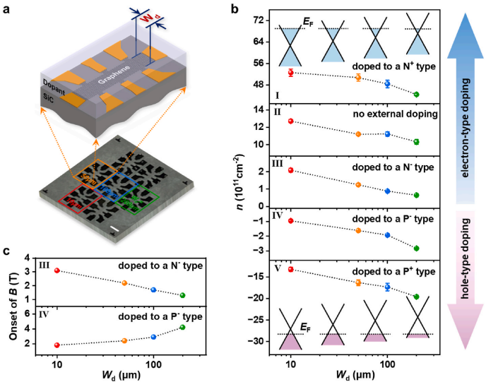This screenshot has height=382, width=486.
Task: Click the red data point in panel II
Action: pyautogui.click(x=290, y=121)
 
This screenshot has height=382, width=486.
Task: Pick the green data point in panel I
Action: pyautogui.click(x=416, y=94)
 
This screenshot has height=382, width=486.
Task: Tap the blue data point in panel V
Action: pyautogui.click(x=387, y=287)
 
